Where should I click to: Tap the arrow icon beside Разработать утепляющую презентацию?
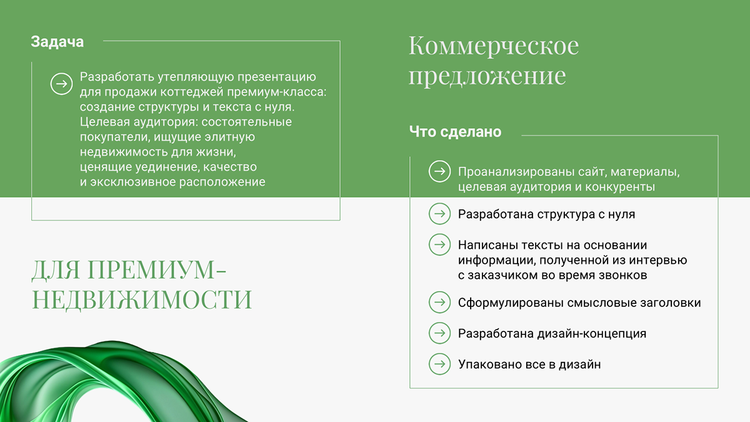(61, 84)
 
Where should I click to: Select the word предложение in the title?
(487, 76)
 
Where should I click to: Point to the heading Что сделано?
(455, 132)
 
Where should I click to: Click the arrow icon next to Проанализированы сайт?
(439, 172)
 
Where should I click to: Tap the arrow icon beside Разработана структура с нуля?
(439, 214)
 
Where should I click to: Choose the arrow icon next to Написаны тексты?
(439, 245)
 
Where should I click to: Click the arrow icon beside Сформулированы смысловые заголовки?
(439, 303)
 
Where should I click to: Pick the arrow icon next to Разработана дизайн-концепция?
(439, 333)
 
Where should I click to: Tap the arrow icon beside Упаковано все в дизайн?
(439, 364)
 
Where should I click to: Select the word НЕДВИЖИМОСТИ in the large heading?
(142, 299)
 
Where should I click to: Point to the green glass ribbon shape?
(112, 381)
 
